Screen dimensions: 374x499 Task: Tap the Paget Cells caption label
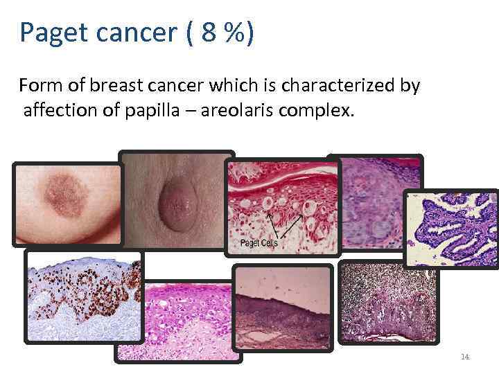[x=258, y=244]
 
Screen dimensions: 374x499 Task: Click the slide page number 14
[x=465, y=357]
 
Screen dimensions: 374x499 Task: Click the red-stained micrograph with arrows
[x=283, y=208]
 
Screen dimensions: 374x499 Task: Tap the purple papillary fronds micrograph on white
[x=452, y=229]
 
